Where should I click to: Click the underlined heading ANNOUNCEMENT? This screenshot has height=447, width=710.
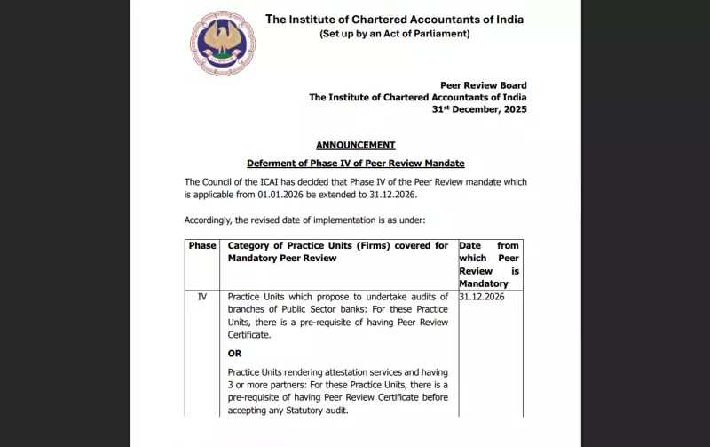tap(355, 145)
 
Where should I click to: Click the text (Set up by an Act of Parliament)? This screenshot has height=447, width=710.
tap(394, 34)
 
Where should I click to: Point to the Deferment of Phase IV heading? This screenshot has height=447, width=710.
tap(355, 164)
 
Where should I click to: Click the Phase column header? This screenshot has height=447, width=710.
tap(202, 246)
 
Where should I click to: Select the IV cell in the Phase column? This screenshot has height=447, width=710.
tap(202, 296)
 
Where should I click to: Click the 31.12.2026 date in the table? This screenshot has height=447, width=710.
tap(482, 296)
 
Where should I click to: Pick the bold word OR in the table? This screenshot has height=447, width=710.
tap(235, 353)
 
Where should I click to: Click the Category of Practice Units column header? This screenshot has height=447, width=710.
tap(337, 251)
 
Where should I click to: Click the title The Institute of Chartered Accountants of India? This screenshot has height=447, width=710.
tap(394, 19)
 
